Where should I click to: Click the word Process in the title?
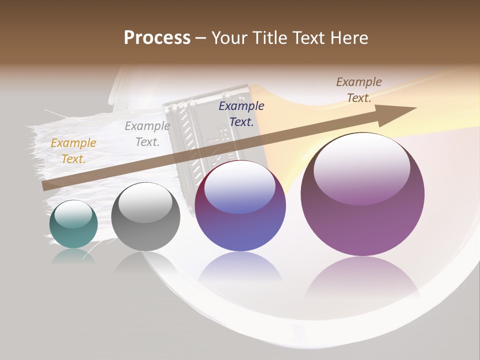click(x=157, y=38)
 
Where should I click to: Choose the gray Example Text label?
click(x=147, y=134)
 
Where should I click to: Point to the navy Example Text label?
click(x=241, y=114)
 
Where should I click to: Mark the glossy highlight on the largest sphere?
click(x=361, y=167)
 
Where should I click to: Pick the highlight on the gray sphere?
click(x=145, y=202)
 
